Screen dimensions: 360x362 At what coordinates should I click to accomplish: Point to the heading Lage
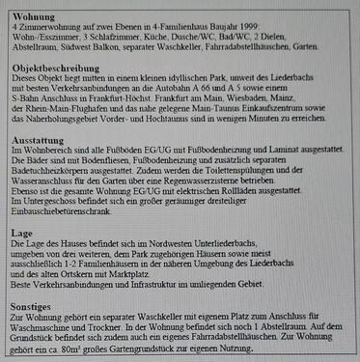[21, 237]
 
